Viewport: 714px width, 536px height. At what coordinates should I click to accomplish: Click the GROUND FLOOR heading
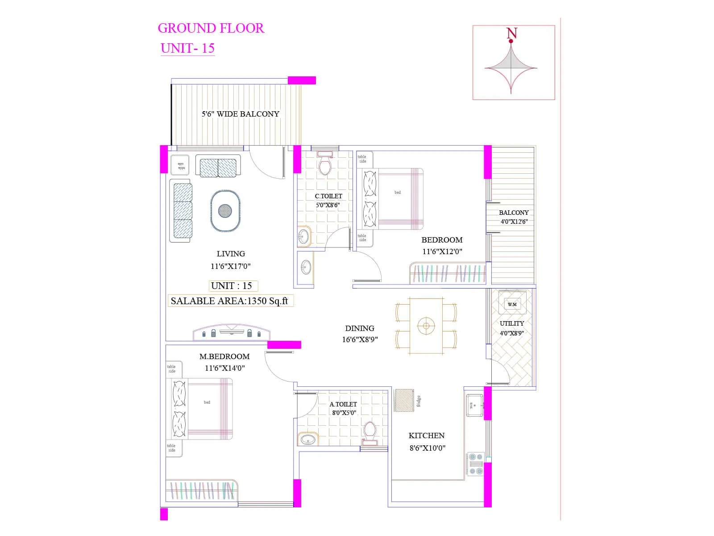click(x=211, y=28)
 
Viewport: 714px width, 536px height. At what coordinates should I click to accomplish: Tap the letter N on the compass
click(x=512, y=33)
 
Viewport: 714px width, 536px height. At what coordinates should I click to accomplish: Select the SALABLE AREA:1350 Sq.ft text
click(x=229, y=301)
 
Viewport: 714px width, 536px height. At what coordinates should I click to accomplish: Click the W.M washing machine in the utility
click(x=512, y=304)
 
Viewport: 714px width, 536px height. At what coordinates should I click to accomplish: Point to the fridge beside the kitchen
click(x=404, y=400)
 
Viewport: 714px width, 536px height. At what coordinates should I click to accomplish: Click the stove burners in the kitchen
click(x=476, y=464)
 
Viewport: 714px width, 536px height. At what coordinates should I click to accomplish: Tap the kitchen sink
click(x=474, y=405)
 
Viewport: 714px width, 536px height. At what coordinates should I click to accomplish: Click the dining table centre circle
click(x=426, y=326)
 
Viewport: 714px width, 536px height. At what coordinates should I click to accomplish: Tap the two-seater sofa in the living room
click(x=218, y=167)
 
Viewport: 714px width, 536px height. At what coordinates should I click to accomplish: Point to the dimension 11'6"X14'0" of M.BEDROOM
click(x=225, y=368)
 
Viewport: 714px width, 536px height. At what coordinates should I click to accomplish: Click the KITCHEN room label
click(x=427, y=435)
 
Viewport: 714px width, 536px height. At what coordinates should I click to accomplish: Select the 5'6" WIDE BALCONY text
click(x=240, y=114)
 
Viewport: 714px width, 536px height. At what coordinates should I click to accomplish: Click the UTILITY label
click(x=512, y=323)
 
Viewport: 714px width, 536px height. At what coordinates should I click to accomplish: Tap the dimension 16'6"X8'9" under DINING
click(x=360, y=339)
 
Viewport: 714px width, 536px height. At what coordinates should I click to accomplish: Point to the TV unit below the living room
click(x=231, y=332)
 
